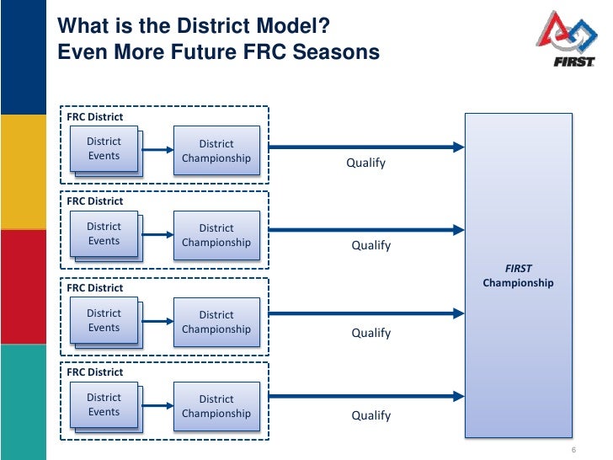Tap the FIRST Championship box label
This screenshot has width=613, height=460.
click(518, 276)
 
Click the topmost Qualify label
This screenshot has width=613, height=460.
click(365, 163)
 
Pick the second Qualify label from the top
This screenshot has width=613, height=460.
click(370, 246)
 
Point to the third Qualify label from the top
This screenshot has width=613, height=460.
click(370, 333)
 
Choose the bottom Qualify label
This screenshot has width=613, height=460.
click(370, 415)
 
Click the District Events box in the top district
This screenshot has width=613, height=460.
click(104, 149)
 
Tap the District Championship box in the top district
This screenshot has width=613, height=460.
click(216, 152)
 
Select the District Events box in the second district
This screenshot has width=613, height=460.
click(104, 234)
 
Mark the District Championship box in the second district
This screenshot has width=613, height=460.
click(216, 236)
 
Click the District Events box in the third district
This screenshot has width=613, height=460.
click(104, 321)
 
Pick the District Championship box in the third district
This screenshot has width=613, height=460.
click(216, 323)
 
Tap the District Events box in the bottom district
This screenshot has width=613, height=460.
click(104, 405)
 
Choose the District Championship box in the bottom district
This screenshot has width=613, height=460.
click(216, 407)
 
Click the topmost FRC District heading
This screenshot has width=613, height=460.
click(95, 117)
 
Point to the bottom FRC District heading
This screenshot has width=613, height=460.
click(95, 372)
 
